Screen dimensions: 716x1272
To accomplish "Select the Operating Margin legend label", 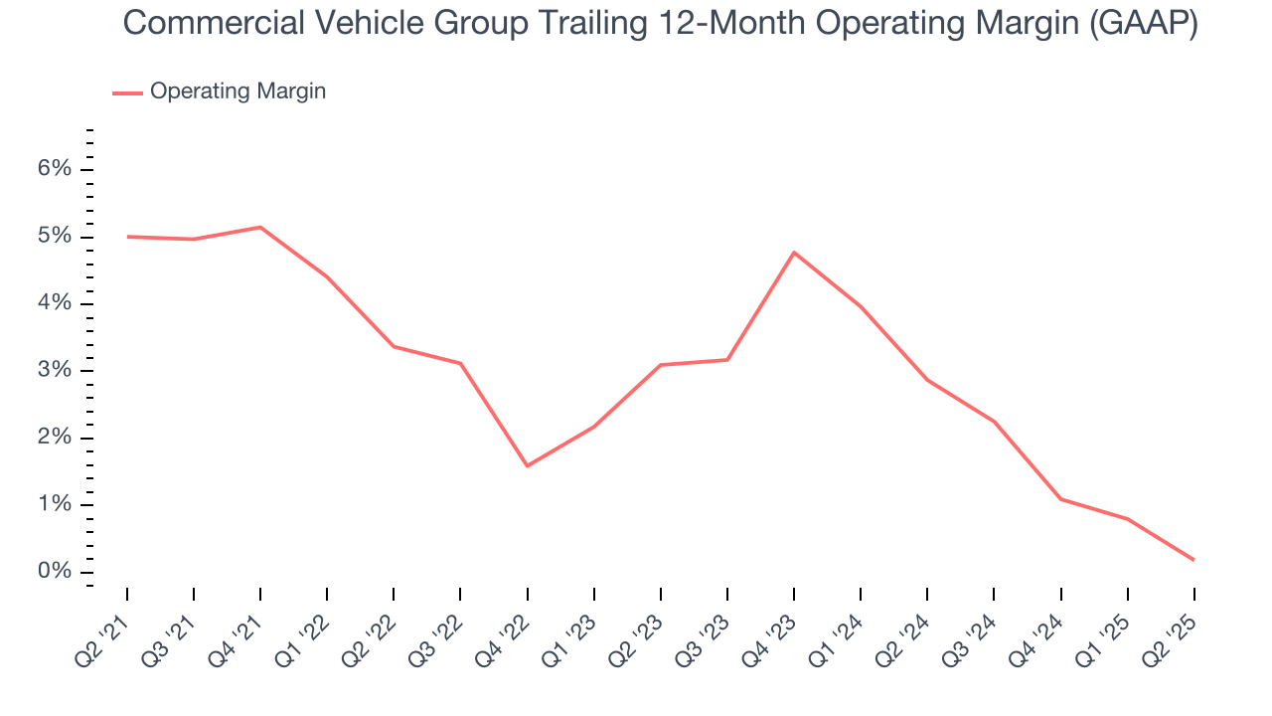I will click(238, 91).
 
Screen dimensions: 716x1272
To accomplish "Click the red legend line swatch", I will click(127, 92).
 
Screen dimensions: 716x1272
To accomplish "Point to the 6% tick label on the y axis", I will click(56, 169).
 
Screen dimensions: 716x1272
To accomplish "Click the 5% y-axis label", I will click(56, 237).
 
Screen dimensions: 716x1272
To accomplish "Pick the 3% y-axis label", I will click(56, 371).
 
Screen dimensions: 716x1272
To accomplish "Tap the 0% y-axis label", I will click(56, 572).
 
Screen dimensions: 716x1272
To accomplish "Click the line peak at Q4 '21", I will click(260, 228).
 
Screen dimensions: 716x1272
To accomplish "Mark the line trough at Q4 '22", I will click(527, 465).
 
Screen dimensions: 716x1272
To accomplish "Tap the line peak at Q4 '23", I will click(794, 253).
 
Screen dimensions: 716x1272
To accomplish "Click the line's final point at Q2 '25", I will click(1193, 560).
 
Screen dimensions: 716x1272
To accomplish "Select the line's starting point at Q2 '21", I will click(127, 237).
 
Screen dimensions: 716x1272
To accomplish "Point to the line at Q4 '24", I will click(1060, 499).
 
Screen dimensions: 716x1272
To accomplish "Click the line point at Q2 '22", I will click(394, 346).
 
